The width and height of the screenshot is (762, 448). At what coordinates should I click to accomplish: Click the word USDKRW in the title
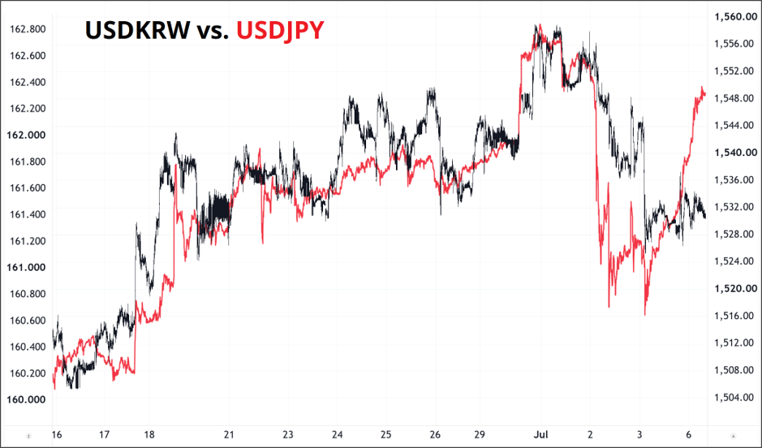137,30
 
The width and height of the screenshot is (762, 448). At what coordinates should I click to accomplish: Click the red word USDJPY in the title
280,30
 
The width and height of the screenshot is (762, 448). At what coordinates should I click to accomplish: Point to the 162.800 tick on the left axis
28,29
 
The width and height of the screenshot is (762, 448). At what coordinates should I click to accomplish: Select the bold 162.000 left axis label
26,135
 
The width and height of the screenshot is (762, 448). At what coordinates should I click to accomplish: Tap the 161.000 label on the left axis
26,267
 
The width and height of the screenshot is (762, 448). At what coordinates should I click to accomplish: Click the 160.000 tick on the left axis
26,399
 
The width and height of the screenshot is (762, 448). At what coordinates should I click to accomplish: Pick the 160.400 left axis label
28,347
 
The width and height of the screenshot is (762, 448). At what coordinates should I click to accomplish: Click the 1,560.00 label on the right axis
735,17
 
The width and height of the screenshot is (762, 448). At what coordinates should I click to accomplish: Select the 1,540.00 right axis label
735,153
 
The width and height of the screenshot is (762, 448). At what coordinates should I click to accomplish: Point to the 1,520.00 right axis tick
735,289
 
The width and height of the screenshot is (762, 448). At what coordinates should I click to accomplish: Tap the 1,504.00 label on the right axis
734,398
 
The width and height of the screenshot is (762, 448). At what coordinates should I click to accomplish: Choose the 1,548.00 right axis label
734,98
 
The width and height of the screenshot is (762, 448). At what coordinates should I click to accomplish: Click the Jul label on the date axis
541,434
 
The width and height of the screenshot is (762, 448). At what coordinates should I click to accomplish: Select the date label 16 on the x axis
57,434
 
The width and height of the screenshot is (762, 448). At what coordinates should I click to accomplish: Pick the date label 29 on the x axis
480,434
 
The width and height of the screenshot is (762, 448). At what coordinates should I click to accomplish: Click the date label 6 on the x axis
689,434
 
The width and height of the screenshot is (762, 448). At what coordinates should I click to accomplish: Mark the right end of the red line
705,94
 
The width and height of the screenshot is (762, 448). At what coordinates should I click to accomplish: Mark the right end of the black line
706,218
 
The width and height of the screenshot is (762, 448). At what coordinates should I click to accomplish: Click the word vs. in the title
213,32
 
